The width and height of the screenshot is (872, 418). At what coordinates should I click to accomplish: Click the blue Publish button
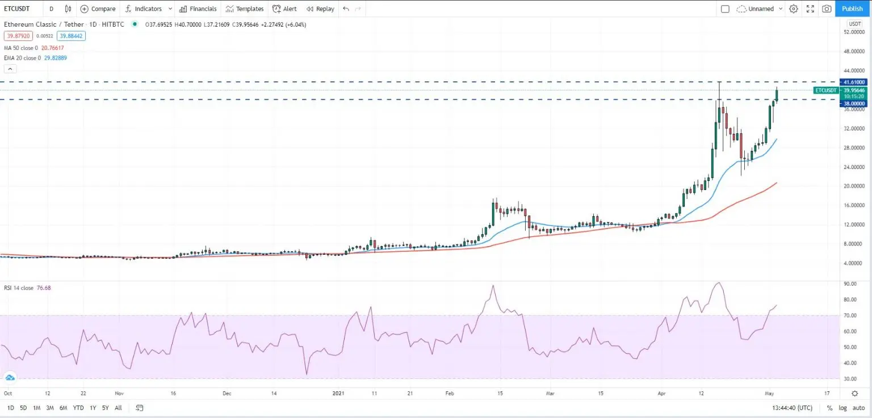point(852,9)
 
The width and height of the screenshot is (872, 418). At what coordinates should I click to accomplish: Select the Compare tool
point(98,9)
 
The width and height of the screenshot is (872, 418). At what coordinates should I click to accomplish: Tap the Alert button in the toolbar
point(284,9)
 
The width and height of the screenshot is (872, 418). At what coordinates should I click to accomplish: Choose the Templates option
point(245,9)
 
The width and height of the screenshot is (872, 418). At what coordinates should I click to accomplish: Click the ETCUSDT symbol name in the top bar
point(17,9)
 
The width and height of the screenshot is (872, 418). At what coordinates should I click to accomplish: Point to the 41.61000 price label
point(854,82)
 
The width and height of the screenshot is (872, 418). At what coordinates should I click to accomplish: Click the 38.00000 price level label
point(854,104)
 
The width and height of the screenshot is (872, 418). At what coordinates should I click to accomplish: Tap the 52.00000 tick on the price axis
point(854,32)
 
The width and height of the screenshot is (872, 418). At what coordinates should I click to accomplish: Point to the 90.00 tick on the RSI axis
point(850,284)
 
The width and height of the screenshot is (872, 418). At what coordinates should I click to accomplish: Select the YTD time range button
point(78,408)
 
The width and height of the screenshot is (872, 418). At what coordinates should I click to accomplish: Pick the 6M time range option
point(64,408)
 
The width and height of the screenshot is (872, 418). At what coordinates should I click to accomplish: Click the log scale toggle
point(842,408)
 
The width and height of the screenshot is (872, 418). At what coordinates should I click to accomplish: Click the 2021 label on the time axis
point(338,392)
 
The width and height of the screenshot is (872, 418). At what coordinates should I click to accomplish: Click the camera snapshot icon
point(827,9)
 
